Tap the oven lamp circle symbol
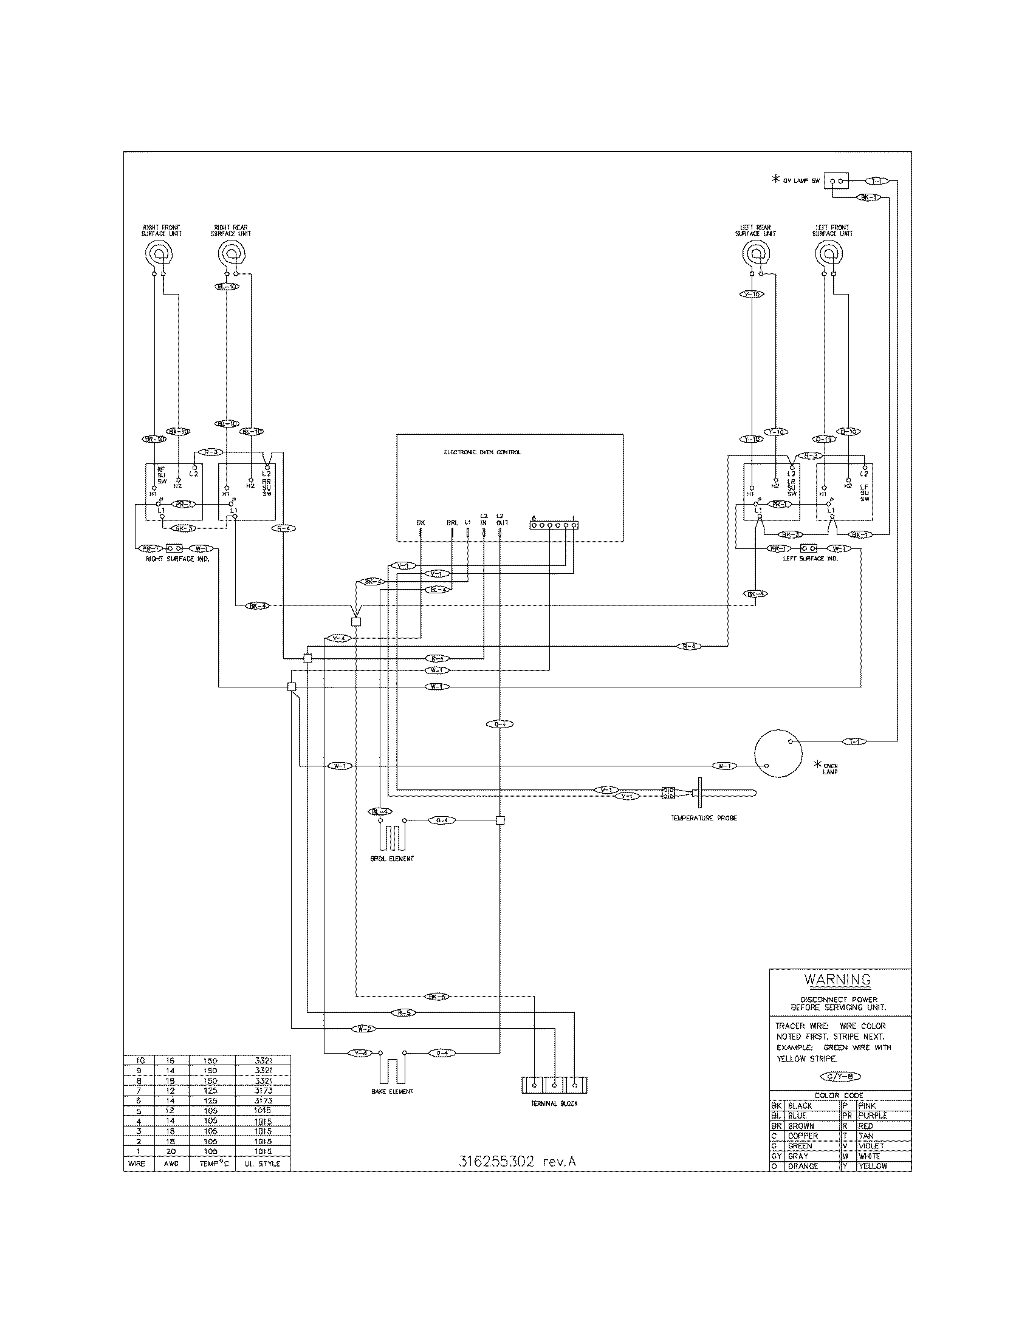pos(777,753)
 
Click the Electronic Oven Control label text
pos(482,452)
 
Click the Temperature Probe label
pos(704,819)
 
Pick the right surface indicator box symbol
pos(175,548)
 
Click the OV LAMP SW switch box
pos(838,181)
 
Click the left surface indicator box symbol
pos(809,548)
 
